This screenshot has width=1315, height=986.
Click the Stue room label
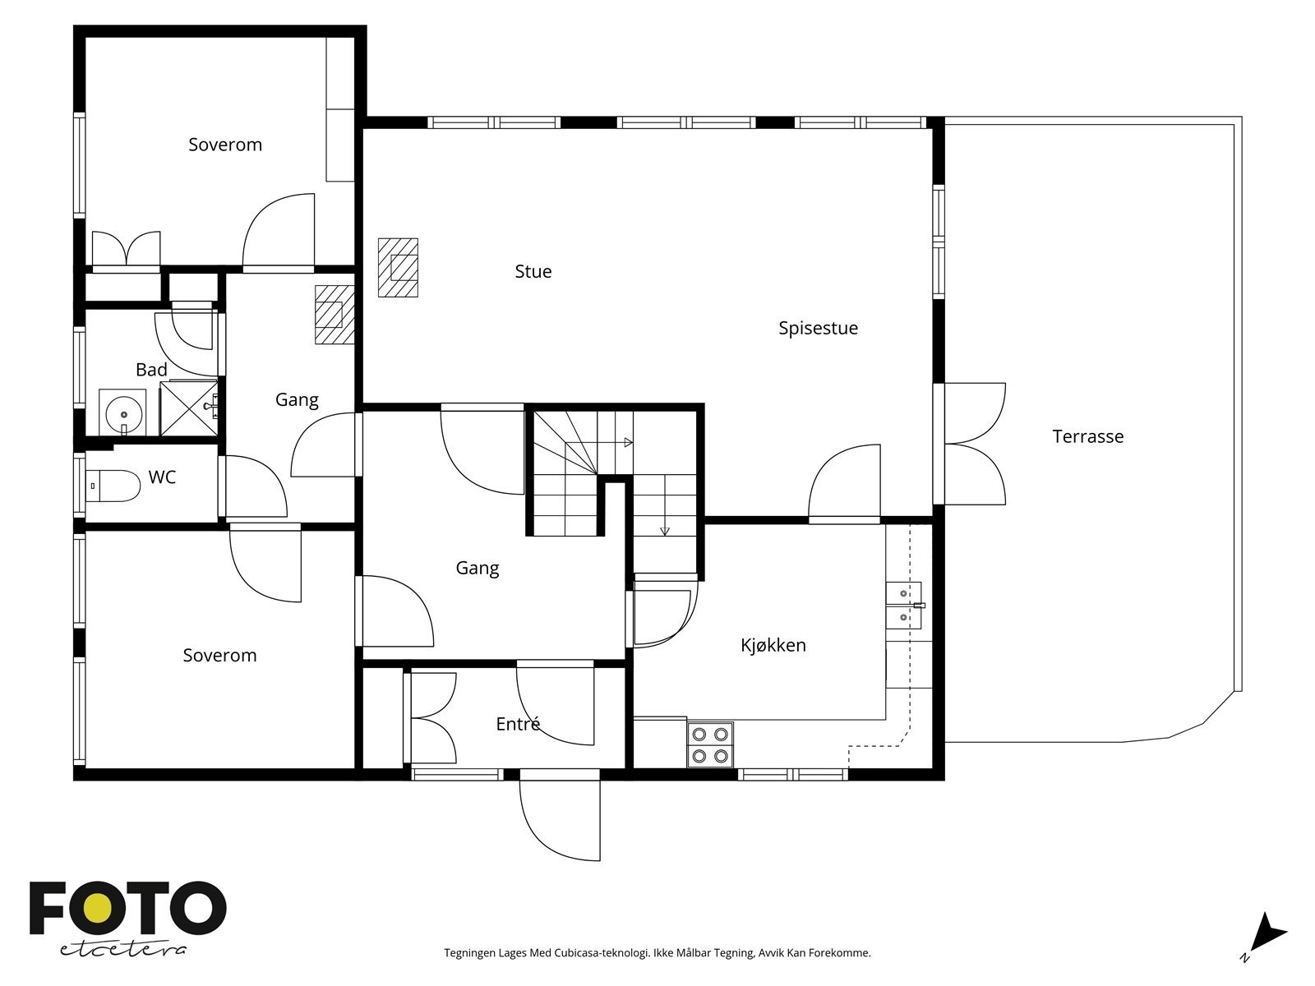pos(533,272)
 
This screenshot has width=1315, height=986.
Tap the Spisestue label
pos(818,329)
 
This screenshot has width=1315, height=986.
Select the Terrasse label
pos(1087,436)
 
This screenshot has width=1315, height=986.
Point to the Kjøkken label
pos(773,645)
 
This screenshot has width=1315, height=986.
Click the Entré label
pos(518,724)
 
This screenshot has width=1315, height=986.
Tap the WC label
pos(162,477)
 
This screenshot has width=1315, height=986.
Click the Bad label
pos(151,370)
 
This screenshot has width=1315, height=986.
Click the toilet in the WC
pos(113,486)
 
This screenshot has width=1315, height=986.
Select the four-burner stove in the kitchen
pos(710,744)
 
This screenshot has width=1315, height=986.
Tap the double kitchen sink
pos(904,606)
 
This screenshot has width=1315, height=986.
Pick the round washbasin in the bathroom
pos(122,412)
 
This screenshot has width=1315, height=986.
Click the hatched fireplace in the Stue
pos(398,268)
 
